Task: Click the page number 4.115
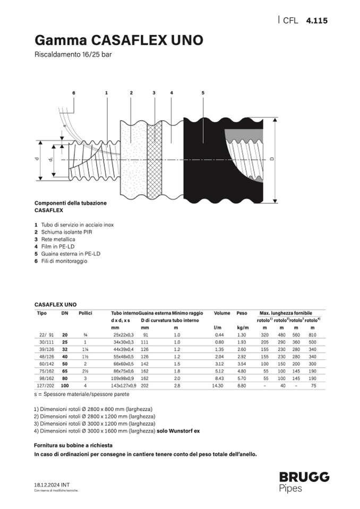pos(317,21)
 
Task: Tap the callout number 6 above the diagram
pos(74,93)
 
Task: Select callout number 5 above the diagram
pos(203,93)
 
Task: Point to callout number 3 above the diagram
pos(154,93)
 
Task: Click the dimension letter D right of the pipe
pos(272,159)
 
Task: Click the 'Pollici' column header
pos(85,313)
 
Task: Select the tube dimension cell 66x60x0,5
pos(124,364)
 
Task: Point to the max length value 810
pos(312,335)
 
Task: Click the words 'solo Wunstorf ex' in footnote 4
pos(178,431)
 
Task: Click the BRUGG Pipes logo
pos(304,481)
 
